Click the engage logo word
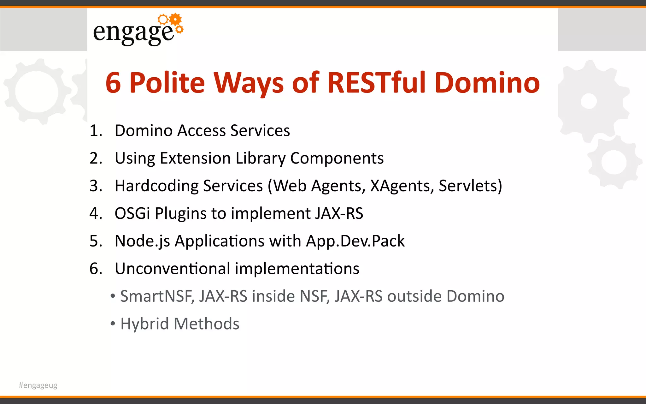point(133,32)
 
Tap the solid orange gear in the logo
point(175,19)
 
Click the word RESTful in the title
point(378,83)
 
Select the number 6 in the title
point(113,83)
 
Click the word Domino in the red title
point(487,83)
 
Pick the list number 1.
point(96,131)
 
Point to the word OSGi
point(132,213)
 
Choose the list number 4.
point(96,213)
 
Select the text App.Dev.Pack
point(355,241)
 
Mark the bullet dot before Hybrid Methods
point(113,324)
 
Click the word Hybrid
point(144,324)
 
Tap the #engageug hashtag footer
point(38,385)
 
